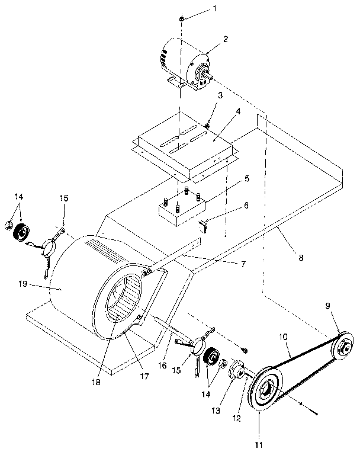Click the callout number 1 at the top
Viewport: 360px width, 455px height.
(x=198, y=8)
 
